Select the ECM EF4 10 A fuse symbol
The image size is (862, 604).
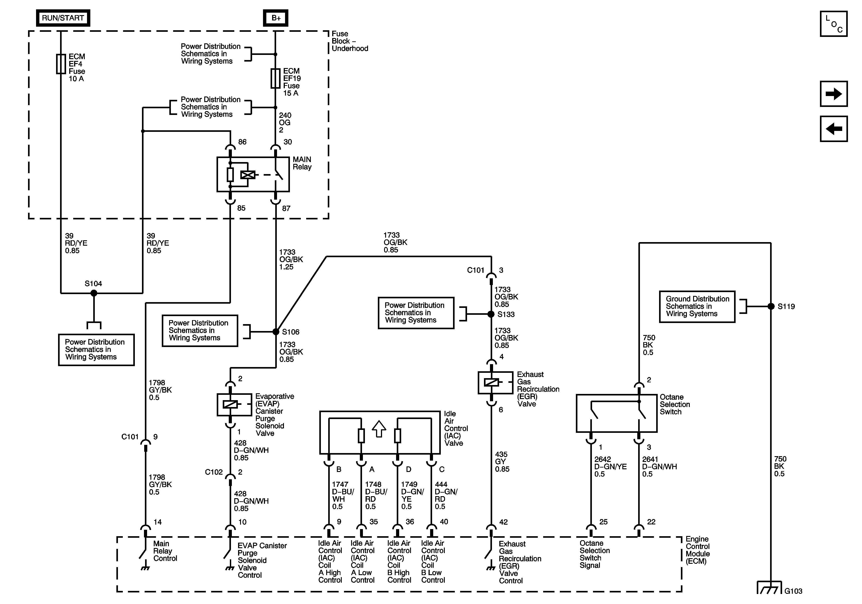(x=61, y=64)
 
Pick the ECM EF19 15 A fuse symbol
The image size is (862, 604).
(x=275, y=78)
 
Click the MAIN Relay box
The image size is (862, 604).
(x=253, y=175)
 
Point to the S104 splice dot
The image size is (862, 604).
(x=94, y=293)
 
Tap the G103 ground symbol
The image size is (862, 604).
(x=770, y=588)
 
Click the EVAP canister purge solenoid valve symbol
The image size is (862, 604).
(x=234, y=404)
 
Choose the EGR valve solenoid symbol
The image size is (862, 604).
(x=495, y=383)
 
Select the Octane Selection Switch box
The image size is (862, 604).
(x=617, y=413)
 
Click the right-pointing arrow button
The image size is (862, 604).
(x=834, y=94)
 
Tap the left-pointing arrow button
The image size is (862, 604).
(x=834, y=129)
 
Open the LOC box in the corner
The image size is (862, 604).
(x=834, y=24)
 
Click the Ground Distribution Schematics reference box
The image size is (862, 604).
(x=697, y=307)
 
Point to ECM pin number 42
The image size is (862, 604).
(x=504, y=522)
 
